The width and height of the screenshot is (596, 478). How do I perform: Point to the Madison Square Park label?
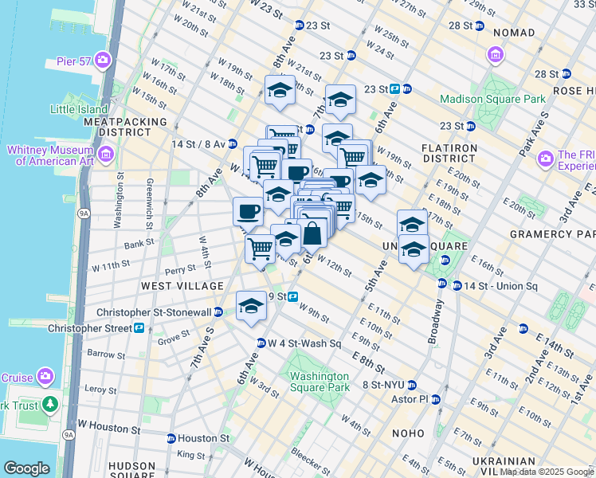pyautogui.click(x=492, y=99)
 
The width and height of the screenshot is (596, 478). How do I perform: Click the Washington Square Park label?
pyautogui.click(x=319, y=382)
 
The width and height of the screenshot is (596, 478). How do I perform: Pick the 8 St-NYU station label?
pyautogui.click(x=385, y=385)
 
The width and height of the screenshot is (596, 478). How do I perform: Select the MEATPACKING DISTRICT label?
pyautogui.click(x=125, y=127)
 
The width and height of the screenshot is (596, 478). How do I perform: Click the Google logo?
pyautogui.click(x=26, y=468)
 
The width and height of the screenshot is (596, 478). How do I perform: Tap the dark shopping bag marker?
pyautogui.click(x=312, y=233)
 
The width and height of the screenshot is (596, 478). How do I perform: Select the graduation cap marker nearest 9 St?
pyautogui.click(x=251, y=306)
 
